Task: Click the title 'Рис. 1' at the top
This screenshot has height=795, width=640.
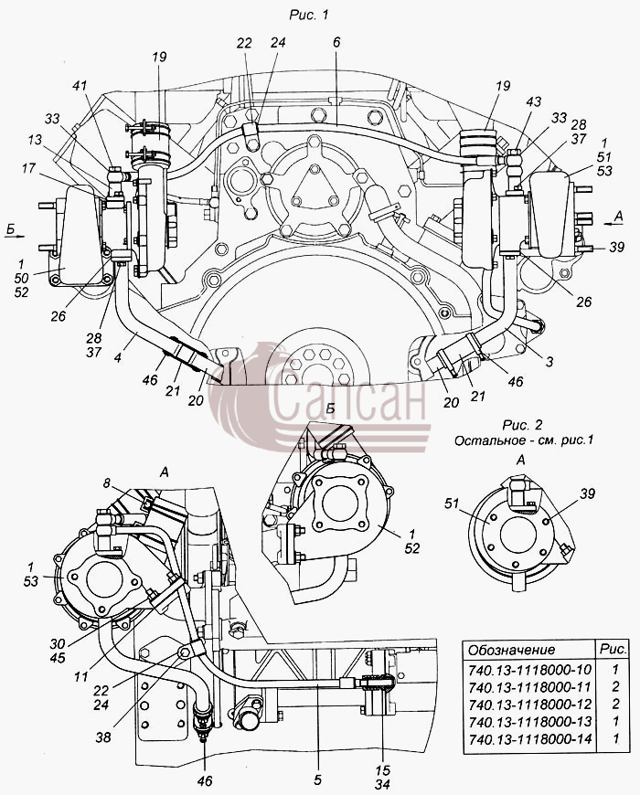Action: coord(309,15)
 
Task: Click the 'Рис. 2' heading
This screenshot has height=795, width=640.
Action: coord(522,424)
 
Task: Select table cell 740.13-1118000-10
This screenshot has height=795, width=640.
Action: coord(530,670)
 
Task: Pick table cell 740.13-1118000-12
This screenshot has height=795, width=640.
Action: coord(530,705)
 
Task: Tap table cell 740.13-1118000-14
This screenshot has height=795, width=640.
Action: coord(530,738)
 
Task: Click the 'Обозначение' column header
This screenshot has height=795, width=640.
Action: coord(511,650)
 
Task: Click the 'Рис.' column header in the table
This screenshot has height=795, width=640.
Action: coord(613,649)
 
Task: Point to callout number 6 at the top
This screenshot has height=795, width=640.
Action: coord(336,43)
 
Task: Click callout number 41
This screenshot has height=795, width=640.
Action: coord(80,87)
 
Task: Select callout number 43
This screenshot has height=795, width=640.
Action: coord(533,101)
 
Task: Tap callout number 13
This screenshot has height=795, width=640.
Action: coord(35,141)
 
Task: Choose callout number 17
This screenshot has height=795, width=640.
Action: coord(29,167)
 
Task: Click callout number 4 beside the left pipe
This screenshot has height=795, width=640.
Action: coord(117,358)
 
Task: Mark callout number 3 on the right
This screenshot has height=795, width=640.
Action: coord(549,362)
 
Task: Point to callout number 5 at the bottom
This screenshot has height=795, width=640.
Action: coord(317,779)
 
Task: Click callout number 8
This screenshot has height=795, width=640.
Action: coord(106,483)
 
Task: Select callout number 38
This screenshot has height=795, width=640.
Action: coord(103,737)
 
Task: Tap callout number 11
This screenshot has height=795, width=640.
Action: coord(81,676)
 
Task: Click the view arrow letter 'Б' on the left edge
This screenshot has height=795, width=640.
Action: coord(11,229)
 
